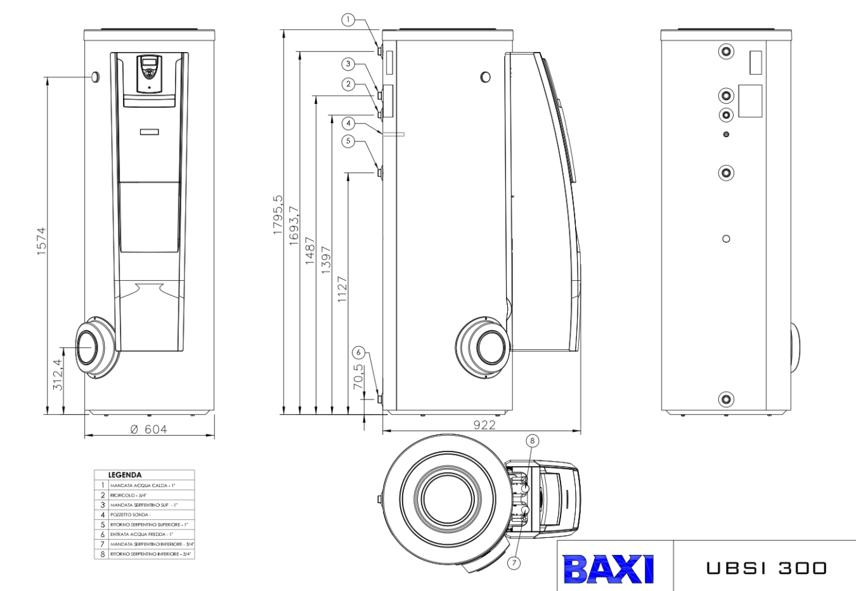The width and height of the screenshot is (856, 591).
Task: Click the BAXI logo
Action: (x=608, y=569)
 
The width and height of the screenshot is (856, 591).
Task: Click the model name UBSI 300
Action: (x=767, y=568)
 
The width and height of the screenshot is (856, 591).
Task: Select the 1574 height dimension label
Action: (x=41, y=242)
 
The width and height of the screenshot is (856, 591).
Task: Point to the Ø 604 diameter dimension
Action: (x=149, y=429)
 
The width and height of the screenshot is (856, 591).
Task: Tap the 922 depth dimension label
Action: (x=484, y=425)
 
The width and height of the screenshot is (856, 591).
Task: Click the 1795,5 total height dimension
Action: (x=278, y=216)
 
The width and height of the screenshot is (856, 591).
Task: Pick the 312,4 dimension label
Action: (x=58, y=374)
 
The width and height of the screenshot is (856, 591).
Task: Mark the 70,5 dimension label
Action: (x=359, y=376)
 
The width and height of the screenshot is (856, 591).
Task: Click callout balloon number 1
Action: (x=348, y=20)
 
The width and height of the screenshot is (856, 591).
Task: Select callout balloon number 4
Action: (x=348, y=123)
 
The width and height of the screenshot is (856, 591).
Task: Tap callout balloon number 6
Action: (x=359, y=353)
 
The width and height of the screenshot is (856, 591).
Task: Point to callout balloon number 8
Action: (x=532, y=441)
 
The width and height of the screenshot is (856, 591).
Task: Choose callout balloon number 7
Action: (x=514, y=562)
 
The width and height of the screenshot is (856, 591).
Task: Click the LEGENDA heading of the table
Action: (x=125, y=475)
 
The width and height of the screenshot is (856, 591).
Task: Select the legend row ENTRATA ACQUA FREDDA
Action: (x=145, y=535)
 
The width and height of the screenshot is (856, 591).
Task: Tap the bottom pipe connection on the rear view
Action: (x=726, y=399)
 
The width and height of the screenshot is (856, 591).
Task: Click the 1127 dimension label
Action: (x=342, y=289)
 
